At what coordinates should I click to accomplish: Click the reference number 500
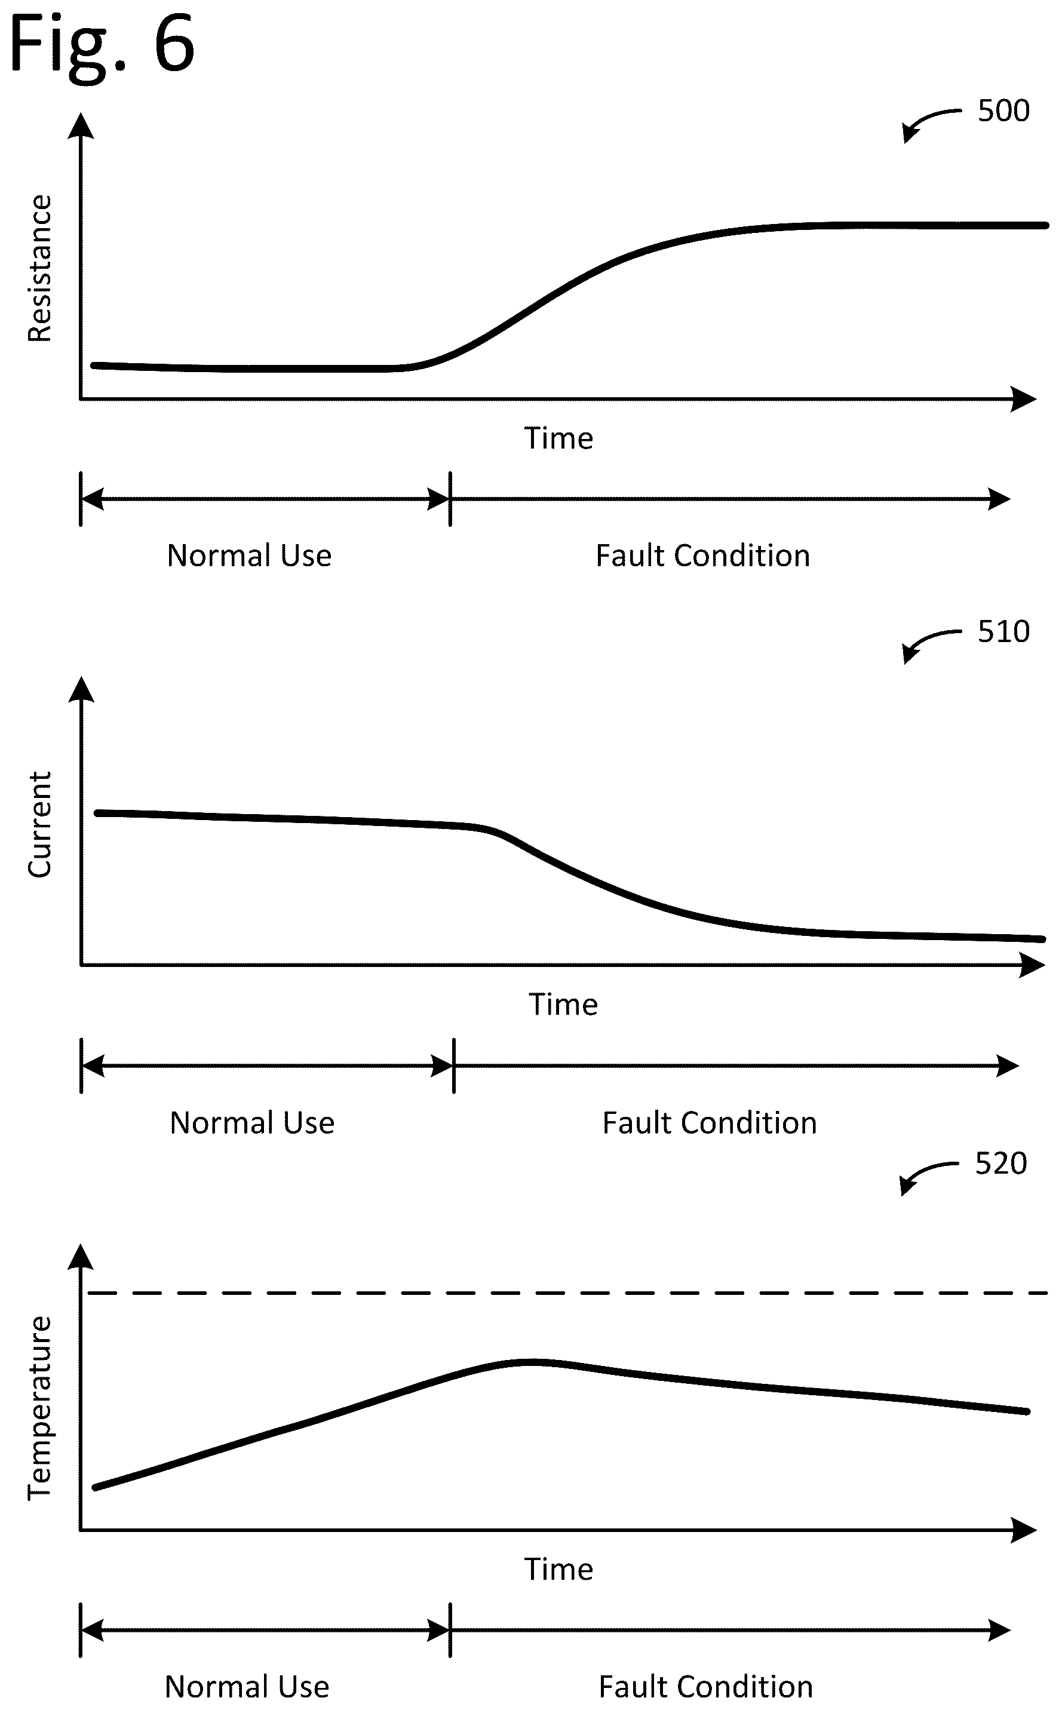point(1003,111)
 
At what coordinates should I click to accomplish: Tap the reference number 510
point(1003,632)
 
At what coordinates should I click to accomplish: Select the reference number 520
point(1001,1163)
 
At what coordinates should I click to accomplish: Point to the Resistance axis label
point(40,268)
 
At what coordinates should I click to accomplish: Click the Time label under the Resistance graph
point(559,438)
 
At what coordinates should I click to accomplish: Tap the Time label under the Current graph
point(563,1004)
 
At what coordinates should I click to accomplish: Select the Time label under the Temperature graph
point(559,1569)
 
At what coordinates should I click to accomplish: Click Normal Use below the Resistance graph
point(249,555)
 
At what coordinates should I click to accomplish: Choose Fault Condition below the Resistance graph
point(703,555)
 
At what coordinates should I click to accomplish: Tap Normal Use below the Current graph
point(252,1123)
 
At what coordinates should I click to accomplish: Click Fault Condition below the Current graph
point(710,1123)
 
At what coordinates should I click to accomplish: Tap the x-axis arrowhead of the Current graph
point(1032,965)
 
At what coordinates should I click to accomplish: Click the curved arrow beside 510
point(926,640)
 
